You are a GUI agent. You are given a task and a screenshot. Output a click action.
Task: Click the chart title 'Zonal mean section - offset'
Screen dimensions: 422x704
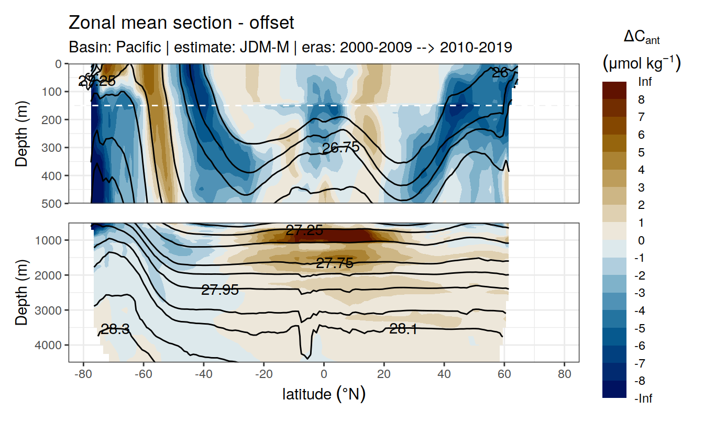[x=181, y=23]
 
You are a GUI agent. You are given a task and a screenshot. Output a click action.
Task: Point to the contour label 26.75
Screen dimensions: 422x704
[x=340, y=148]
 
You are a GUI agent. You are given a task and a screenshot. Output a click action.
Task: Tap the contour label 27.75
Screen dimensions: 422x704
[x=334, y=263]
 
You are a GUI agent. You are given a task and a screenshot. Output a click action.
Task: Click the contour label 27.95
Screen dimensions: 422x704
[x=220, y=290]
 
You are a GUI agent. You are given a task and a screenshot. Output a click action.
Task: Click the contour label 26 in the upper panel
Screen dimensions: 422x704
[x=500, y=73]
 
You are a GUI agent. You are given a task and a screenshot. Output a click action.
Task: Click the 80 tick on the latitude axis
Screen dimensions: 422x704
[x=564, y=375]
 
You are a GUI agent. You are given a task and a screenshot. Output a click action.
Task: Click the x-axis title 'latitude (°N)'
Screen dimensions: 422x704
[x=324, y=394]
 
